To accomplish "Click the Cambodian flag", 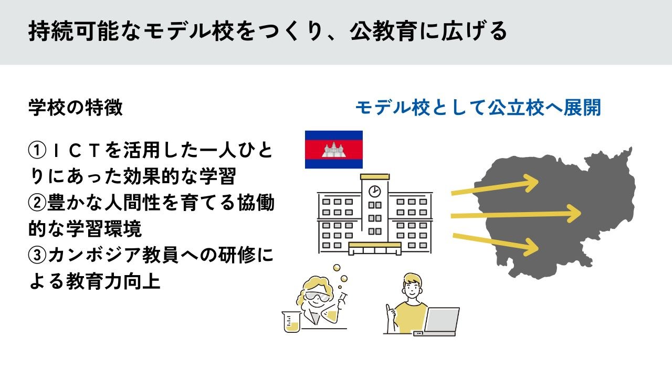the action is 333,150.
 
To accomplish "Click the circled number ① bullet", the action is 37,150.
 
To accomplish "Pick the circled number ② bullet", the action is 37,203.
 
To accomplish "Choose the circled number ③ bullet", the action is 37,255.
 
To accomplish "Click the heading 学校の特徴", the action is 76,107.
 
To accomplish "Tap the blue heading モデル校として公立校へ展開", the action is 478,108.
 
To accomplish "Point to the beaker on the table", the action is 291,322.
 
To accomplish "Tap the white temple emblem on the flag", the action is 333,150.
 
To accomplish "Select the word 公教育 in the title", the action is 384,31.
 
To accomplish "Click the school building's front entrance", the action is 375,249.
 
